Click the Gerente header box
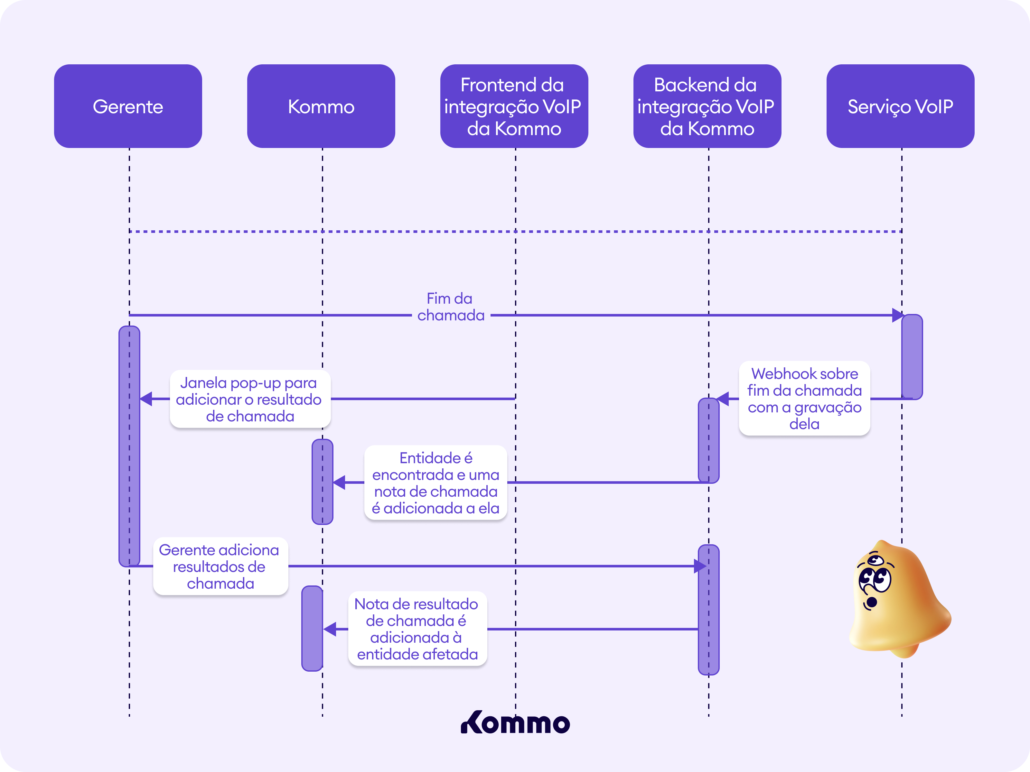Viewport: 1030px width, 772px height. (128, 106)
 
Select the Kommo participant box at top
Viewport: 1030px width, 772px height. (321, 106)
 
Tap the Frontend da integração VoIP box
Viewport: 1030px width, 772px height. (514, 106)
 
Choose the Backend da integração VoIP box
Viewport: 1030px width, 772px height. (707, 106)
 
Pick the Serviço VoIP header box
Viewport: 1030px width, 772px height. (900, 106)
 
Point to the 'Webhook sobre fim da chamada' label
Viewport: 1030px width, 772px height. (804, 398)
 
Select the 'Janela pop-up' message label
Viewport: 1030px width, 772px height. (250, 399)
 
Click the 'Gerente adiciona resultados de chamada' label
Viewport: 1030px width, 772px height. (220, 566)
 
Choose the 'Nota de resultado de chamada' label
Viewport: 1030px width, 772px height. (417, 629)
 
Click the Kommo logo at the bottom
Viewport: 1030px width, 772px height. (515, 723)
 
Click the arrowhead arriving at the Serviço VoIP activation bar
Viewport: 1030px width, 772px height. (897, 315)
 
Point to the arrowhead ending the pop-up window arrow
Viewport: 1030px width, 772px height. (146, 399)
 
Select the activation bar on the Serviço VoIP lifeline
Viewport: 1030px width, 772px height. (912, 357)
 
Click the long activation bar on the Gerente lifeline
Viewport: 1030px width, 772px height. (129, 446)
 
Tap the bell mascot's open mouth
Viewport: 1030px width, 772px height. (872, 602)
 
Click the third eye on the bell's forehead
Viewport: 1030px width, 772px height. (876, 559)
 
